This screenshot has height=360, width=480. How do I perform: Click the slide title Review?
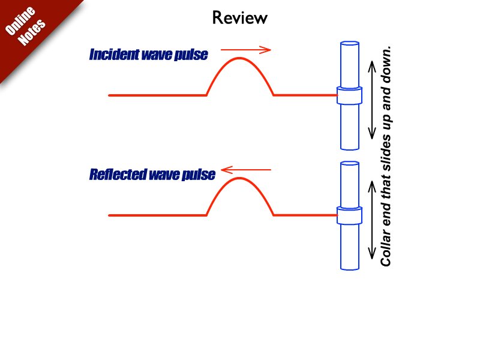240,18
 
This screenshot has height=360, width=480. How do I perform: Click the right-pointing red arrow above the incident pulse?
246,50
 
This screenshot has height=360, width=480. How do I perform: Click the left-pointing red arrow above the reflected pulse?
246,170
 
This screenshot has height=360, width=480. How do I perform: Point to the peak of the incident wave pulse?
239,58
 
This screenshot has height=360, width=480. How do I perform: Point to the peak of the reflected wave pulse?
239,179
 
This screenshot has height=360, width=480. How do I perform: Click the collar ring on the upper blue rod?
349,96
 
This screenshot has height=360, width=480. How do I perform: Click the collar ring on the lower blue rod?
349,215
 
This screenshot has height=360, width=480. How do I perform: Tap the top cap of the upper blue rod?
349,44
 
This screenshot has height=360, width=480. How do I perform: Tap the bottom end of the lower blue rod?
349,267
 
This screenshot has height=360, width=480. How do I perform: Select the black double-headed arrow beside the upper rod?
373,95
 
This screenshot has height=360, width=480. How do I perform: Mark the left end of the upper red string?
110,95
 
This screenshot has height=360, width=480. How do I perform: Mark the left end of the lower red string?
110,215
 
